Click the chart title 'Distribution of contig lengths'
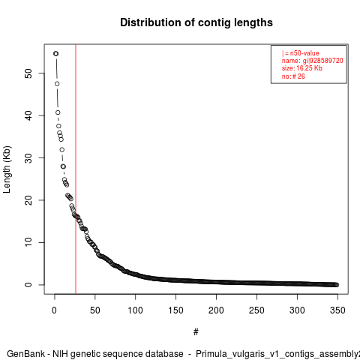click(x=196, y=22)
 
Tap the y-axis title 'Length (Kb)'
click(x=7, y=169)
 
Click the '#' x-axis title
click(x=196, y=332)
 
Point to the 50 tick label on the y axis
click(x=28, y=73)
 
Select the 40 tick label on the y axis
click(x=28, y=115)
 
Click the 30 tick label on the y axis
click(x=28, y=157)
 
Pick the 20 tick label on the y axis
click(x=28, y=200)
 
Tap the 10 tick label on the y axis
click(x=28, y=242)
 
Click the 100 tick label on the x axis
click(x=135, y=310)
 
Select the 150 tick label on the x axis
click(x=175, y=310)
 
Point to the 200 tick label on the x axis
click(x=216, y=310)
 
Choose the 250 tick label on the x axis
click(x=256, y=310)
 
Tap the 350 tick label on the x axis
click(x=337, y=310)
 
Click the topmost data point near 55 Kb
click(x=55, y=54)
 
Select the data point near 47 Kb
click(x=57, y=84)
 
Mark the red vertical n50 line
click(x=76, y=169)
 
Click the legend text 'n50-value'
click(x=304, y=53)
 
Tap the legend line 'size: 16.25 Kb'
click(x=302, y=68)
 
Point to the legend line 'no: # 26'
click(x=293, y=76)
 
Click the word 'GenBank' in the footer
click(x=25, y=354)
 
